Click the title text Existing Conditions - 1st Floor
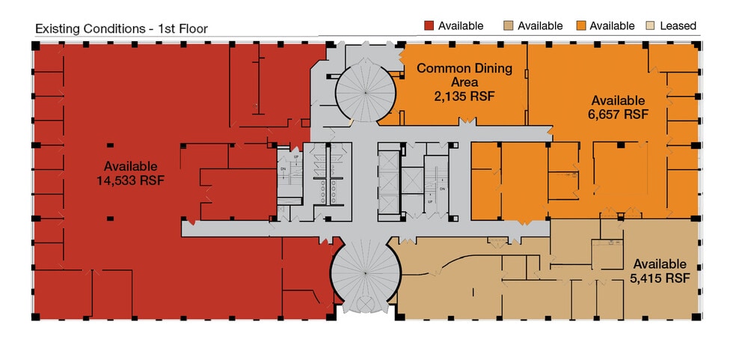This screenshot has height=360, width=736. [121, 28]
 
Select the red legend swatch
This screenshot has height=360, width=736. [429, 25]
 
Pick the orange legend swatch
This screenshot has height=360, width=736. [580, 25]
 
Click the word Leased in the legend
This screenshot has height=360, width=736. [678, 25]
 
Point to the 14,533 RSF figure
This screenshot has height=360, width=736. [130, 180]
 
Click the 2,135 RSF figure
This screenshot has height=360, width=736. [464, 96]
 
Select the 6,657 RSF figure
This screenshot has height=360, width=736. [618, 115]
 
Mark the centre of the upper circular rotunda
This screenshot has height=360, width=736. [365, 91]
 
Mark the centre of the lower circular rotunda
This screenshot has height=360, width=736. [365, 275]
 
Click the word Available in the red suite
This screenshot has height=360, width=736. [130, 166]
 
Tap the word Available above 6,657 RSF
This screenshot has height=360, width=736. [618, 100]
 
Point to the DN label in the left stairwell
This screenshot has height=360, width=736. [283, 169]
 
